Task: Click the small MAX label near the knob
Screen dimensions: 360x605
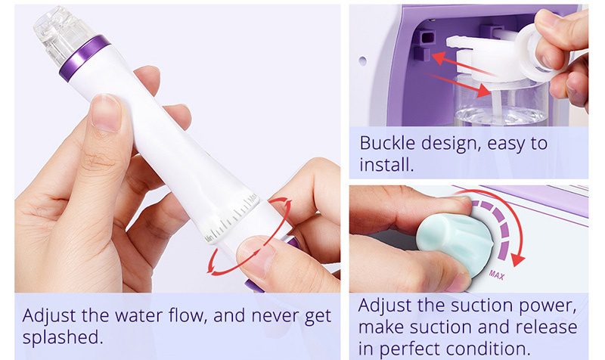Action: pyautogui.click(x=497, y=274)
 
